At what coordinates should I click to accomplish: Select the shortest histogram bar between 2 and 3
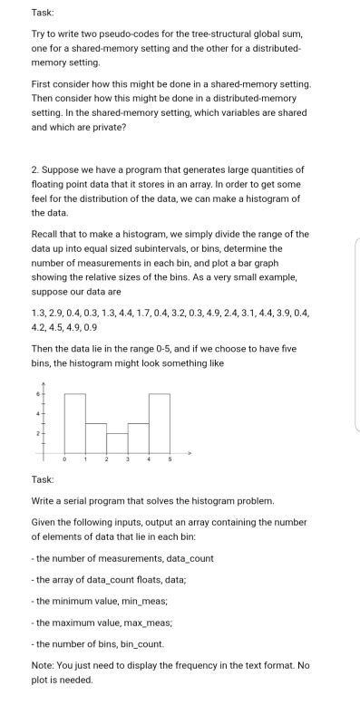click(x=117, y=443)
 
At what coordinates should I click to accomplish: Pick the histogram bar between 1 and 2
click(x=96, y=438)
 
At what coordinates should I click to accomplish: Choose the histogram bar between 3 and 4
click(x=138, y=438)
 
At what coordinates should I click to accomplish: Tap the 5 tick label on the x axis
click(x=170, y=460)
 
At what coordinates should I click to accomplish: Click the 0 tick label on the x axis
click(x=63, y=460)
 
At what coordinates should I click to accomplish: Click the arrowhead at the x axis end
click(x=190, y=452)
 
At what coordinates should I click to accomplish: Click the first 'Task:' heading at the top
click(x=43, y=13)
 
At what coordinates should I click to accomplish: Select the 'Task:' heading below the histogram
click(x=43, y=479)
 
